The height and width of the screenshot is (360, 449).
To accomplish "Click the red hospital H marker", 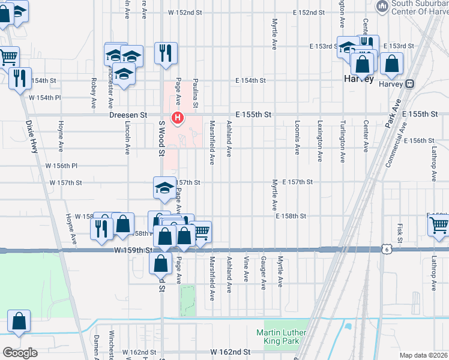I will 178,117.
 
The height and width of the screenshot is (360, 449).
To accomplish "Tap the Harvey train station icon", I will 411,84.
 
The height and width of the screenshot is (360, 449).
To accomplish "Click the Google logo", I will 20,353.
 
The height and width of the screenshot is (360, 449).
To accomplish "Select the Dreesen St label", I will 128,114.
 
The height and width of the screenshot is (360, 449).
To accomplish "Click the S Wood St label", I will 161,138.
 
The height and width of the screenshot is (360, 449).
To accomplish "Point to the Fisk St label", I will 400,229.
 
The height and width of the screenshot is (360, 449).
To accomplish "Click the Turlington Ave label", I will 342,140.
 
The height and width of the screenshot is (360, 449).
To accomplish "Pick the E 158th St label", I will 291,215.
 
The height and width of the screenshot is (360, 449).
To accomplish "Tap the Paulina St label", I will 196,94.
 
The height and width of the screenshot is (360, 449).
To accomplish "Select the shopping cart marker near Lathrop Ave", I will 439,226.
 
